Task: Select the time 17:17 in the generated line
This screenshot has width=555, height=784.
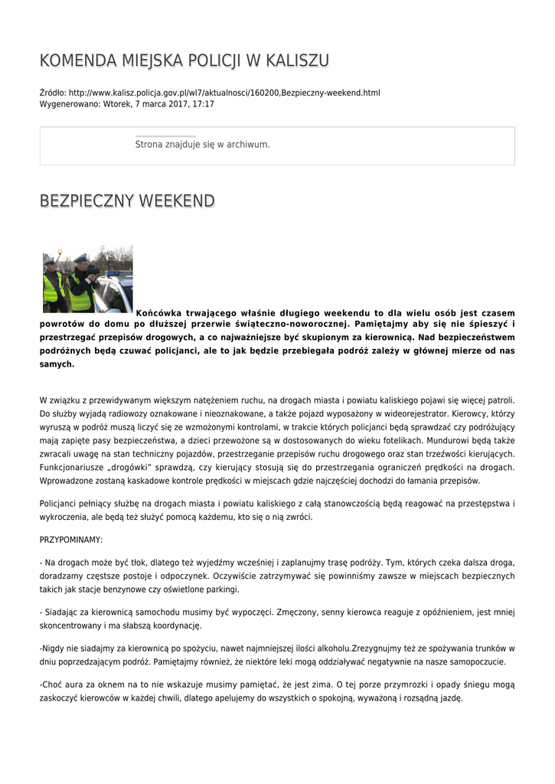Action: click(x=202, y=103)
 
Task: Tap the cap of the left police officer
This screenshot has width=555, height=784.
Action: click(x=50, y=261)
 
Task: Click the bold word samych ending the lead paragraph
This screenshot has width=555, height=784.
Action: click(x=56, y=364)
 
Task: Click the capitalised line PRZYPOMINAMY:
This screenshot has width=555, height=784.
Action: click(x=70, y=540)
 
